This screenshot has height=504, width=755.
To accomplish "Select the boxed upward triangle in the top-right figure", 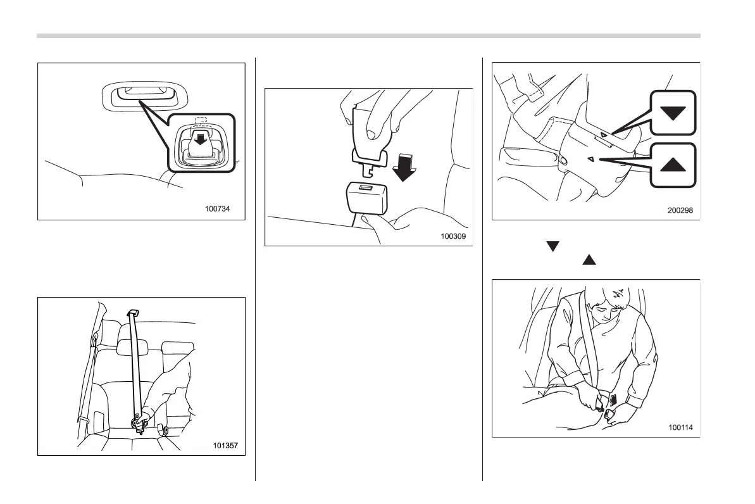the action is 673,165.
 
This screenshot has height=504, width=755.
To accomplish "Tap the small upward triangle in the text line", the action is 589,260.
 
